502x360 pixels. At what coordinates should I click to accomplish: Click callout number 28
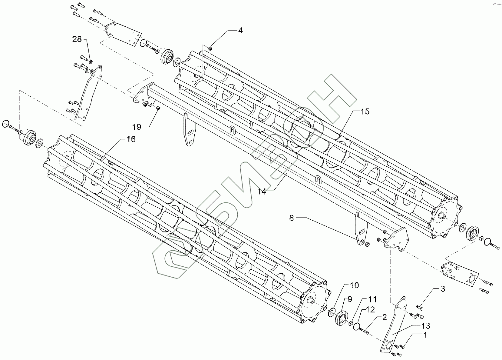click(77, 39)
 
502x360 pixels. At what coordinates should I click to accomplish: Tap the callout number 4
click(240, 30)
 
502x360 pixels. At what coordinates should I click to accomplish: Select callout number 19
click(137, 127)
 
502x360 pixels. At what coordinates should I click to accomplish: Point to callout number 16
click(131, 139)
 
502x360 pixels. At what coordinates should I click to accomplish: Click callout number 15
click(365, 112)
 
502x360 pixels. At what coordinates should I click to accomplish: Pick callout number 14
click(262, 192)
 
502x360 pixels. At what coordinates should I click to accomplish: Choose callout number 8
click(292, 218)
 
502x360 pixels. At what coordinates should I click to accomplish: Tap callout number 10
click(354, 285)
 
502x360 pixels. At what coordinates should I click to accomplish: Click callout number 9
click(349, 299)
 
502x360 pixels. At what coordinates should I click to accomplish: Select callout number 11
click(372, 299)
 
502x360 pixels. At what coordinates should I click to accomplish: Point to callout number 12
click(370, 309)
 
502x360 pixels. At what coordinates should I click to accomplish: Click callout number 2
click(384, 317)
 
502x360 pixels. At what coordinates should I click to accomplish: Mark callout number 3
click(443, 289)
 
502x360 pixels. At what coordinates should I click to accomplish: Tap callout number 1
click(425, 335)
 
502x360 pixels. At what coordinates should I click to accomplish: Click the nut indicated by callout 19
click(158, 108)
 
